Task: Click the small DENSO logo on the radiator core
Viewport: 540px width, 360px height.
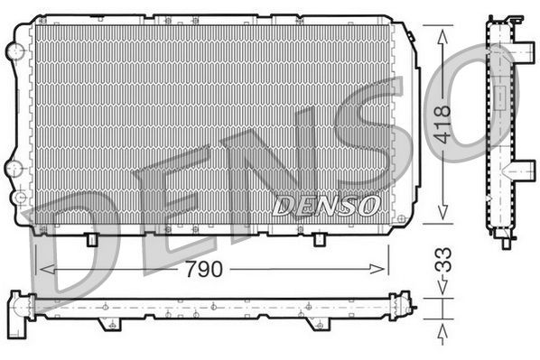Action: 326,206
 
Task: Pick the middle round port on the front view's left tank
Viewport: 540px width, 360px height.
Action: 12,167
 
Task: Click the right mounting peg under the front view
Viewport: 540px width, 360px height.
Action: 320,240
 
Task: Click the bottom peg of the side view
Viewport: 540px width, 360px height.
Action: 505,242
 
